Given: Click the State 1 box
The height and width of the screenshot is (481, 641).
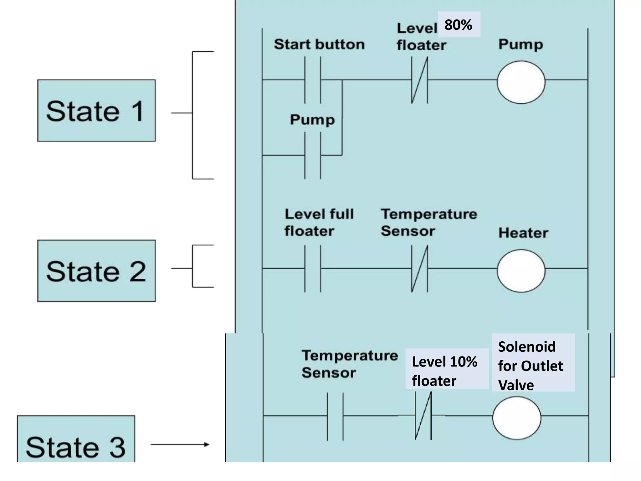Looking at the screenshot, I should (96, 111).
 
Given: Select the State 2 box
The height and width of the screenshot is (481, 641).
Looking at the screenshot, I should (96, 271).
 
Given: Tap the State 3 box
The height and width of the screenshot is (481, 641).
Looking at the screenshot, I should (76, 440).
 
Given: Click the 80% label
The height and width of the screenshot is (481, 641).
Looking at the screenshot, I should (459, 25).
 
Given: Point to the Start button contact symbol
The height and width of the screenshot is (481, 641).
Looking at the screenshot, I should (313, 80).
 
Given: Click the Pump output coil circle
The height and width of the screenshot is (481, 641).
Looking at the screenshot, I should (521, 82).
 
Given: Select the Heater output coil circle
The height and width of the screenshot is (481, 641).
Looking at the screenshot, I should (521, 271).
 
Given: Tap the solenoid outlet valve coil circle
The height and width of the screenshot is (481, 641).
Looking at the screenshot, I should (516, 418).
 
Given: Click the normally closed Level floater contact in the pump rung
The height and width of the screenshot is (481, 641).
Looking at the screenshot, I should (419, 80).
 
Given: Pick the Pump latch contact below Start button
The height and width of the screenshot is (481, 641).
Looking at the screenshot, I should (313, 155).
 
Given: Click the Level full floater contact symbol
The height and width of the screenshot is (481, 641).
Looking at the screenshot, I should (313, 269).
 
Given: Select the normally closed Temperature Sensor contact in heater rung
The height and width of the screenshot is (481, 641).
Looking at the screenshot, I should (419, 269).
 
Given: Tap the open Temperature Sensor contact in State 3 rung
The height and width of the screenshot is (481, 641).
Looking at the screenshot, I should (335, 416).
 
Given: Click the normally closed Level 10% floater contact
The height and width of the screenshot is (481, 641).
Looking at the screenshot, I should (423, 416).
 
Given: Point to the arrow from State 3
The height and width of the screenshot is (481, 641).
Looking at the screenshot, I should (180, 444).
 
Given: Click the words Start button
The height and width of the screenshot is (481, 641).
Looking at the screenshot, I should (319, 44).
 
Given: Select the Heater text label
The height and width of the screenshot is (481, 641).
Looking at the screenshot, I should (523, 233).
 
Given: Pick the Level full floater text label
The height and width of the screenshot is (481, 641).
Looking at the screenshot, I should (319, 223).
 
